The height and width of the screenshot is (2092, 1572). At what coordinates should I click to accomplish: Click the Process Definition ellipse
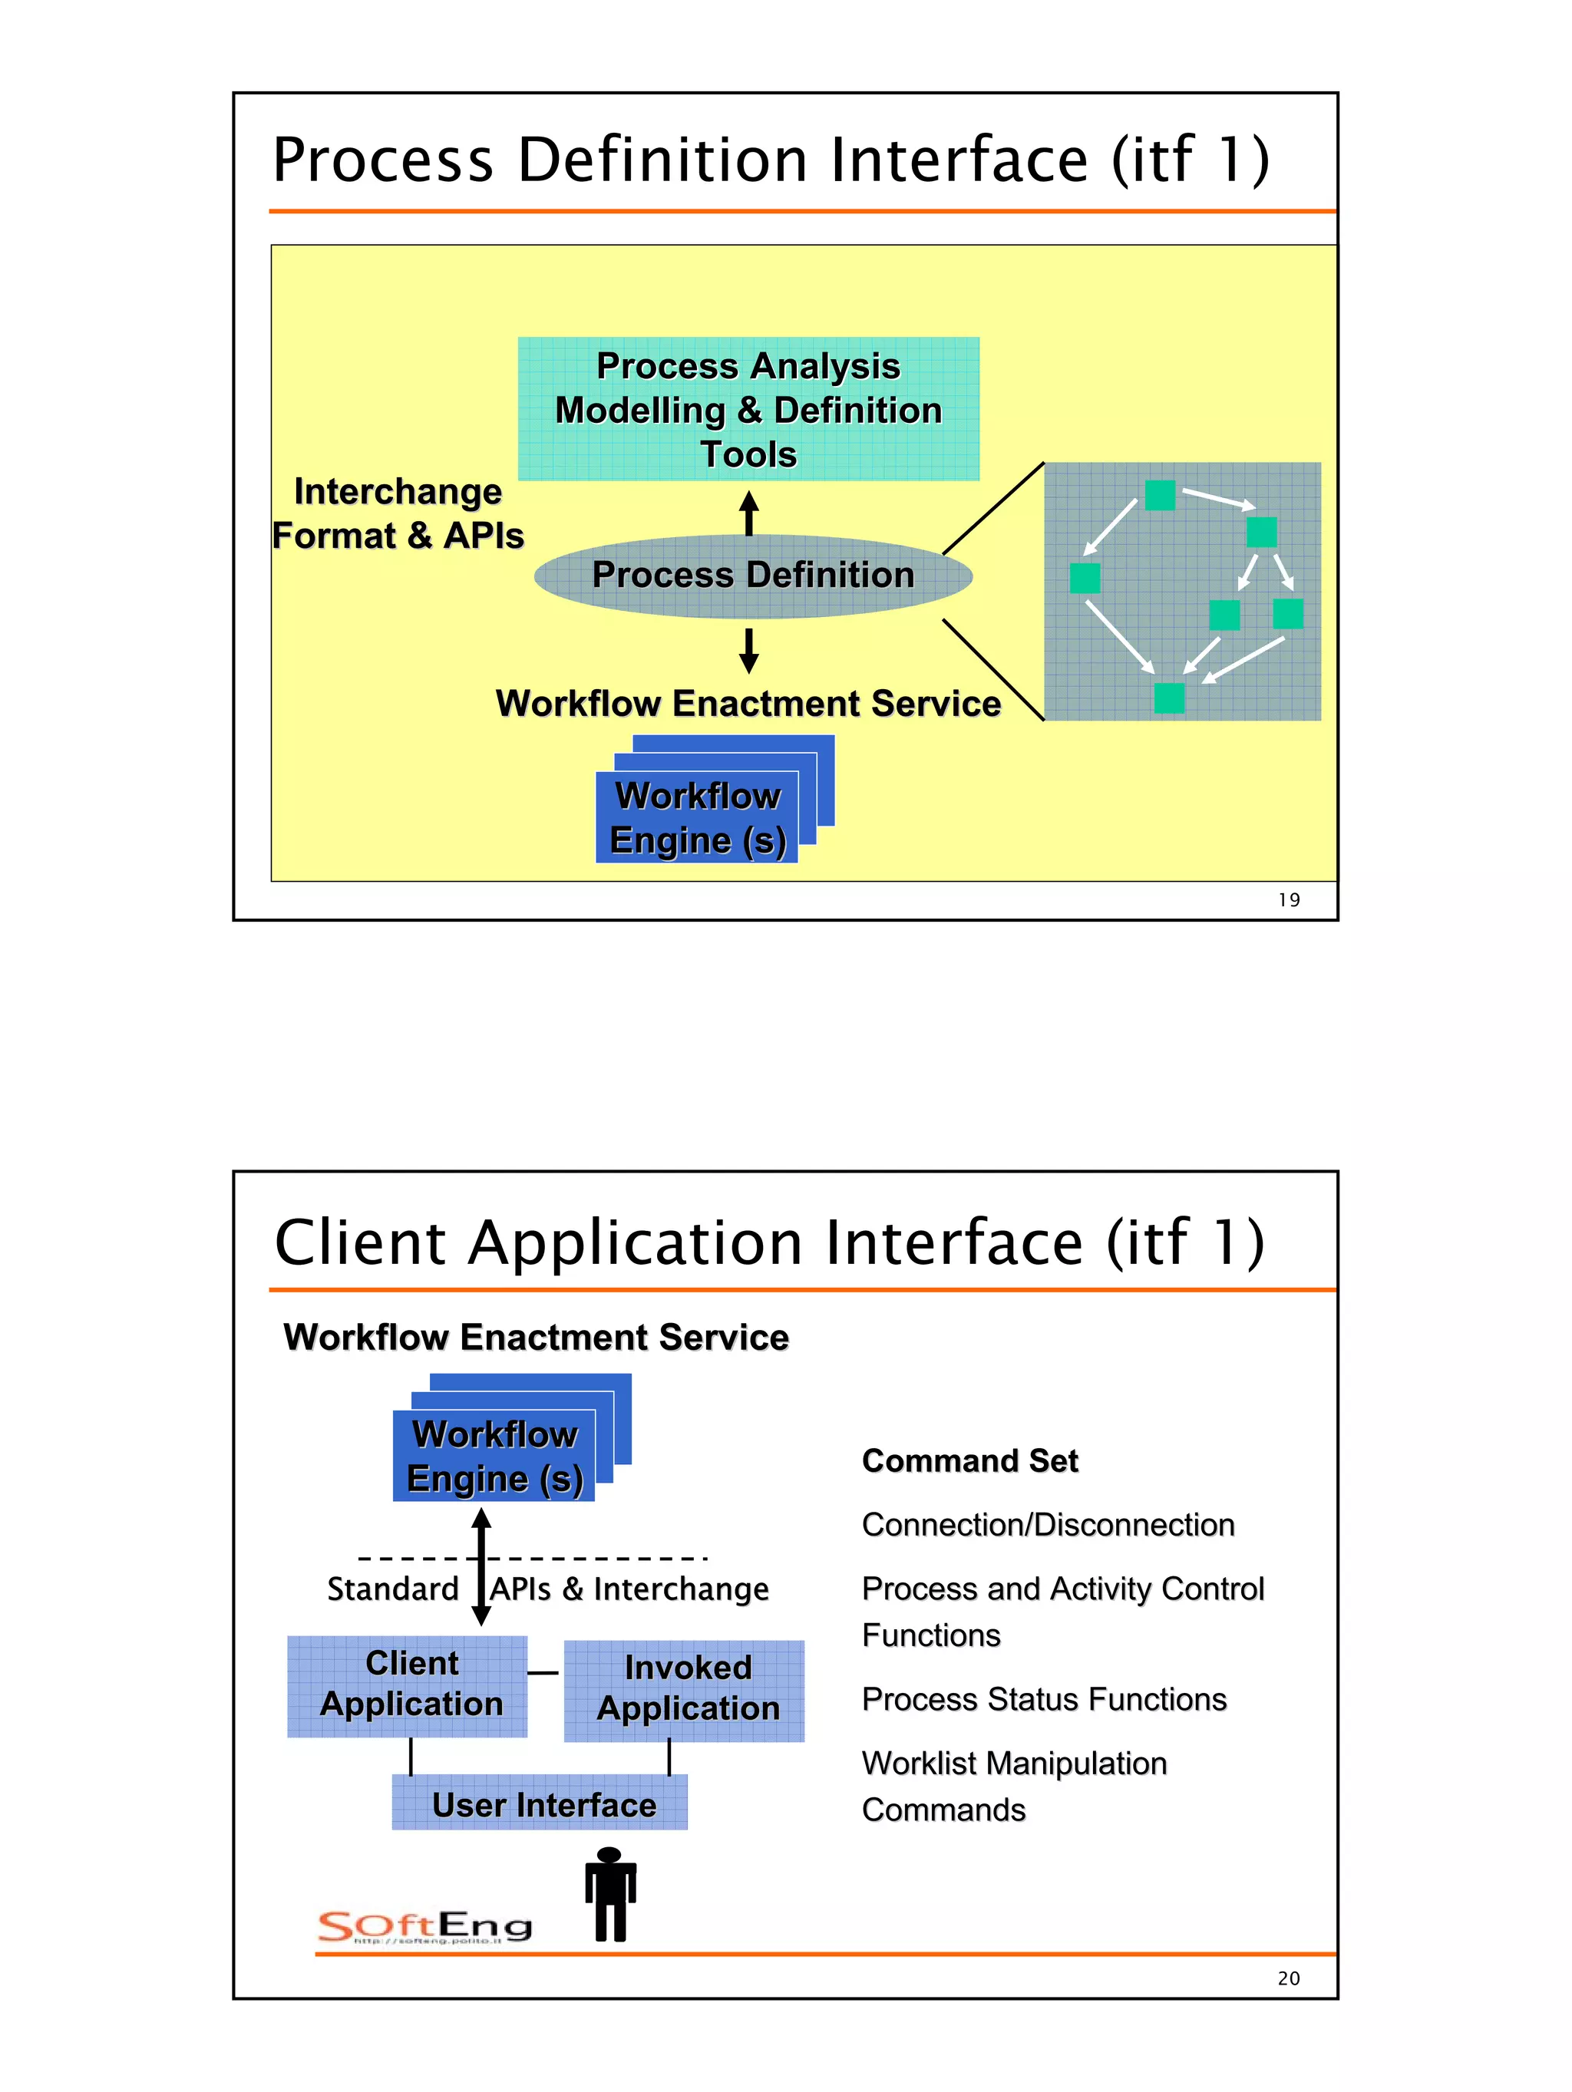pyautogui.click(x=753, y=576)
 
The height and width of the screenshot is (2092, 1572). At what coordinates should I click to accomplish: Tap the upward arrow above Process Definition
pyautogui.click(x=749, y=513)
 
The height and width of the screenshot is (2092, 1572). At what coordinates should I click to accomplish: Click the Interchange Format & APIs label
pyautogui.click(x=398, y=513)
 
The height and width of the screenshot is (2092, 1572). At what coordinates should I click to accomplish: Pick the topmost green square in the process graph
pyautogui.click(x=1160, y=495)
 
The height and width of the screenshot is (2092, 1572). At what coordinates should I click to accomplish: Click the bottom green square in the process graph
pyautogui.click(x=1169, y=698)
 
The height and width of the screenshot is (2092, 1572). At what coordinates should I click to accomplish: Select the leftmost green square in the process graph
pyautogui.click(x=1085, y=578)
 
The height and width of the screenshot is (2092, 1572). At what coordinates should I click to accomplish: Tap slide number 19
pyautogui.click(x=1288, y=900)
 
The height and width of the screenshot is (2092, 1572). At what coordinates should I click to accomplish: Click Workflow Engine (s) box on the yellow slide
pyautogui.click(x=697, y=818)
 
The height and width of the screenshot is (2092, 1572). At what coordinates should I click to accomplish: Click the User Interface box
pyautogui.click(x=540, y=1803)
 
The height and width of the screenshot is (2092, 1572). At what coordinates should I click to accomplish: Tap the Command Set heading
pyautogui.click(x=969, y=1461)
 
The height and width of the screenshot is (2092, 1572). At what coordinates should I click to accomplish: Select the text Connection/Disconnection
pyautogui.click(x=1048, y=1525)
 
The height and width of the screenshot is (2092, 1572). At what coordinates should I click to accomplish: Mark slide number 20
pyautogui.click(x=1288, y=1978)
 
